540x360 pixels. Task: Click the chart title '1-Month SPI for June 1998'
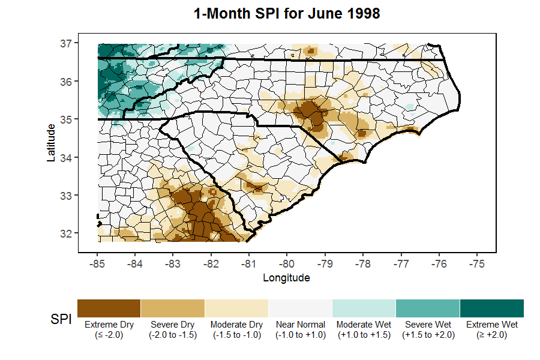pyautogui.click(x=287, y=13)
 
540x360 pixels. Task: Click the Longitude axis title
pyautogui.click(x=286, y=278)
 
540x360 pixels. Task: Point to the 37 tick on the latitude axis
pyautogui.click(x=67, y=43)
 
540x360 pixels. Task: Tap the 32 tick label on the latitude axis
pyautogui.click(x=67, y=233)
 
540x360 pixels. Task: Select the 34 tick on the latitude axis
pyautogui.click(x=67, y=157)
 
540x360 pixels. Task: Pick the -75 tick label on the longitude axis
pyautogui.click(x=477, y=263)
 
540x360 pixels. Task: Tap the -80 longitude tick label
pyautogui.click(x=287, y=263)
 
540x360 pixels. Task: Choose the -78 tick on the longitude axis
pyautogui.click(x=363, y=263)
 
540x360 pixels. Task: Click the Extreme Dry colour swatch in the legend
pyautogui.click(x=109, y=308)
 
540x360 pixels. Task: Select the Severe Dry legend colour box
pyautogui.click(x=173, y=308)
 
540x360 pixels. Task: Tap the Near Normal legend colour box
pyautogui.click(x=301, y=308)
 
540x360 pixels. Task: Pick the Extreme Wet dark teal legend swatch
pyautogui.click(x=492, y=308)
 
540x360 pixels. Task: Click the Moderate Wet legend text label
pyautogui.click(x=364, y=329)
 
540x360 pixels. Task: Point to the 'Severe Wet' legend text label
pyautogui.click(x=428, y=329)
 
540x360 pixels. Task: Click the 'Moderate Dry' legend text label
pyautogui.click(x=236, y=329)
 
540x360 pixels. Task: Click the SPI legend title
pyautogui.click(x=59, y=321)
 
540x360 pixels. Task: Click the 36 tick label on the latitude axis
pyautogui.click(x=67, y=81)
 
